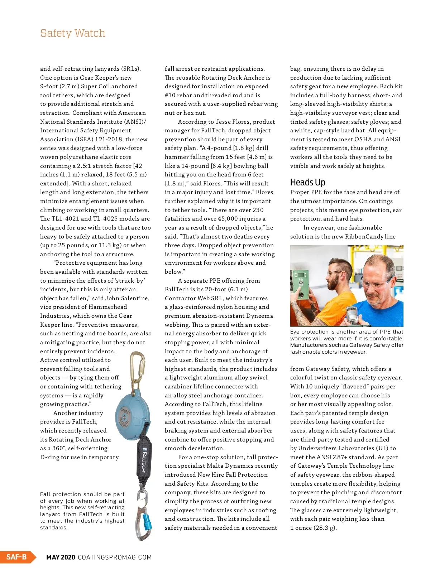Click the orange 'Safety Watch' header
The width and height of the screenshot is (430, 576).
(x=73, y=33)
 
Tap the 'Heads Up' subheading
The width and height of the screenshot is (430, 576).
(x=307, y=182)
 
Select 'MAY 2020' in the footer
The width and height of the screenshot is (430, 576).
(x=61, y=557)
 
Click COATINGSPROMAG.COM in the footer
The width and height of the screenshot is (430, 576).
(x=115, y=557)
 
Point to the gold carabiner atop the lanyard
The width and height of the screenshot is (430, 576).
(x=137, y=369)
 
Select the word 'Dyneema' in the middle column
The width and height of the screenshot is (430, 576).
(x=260, y=316)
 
